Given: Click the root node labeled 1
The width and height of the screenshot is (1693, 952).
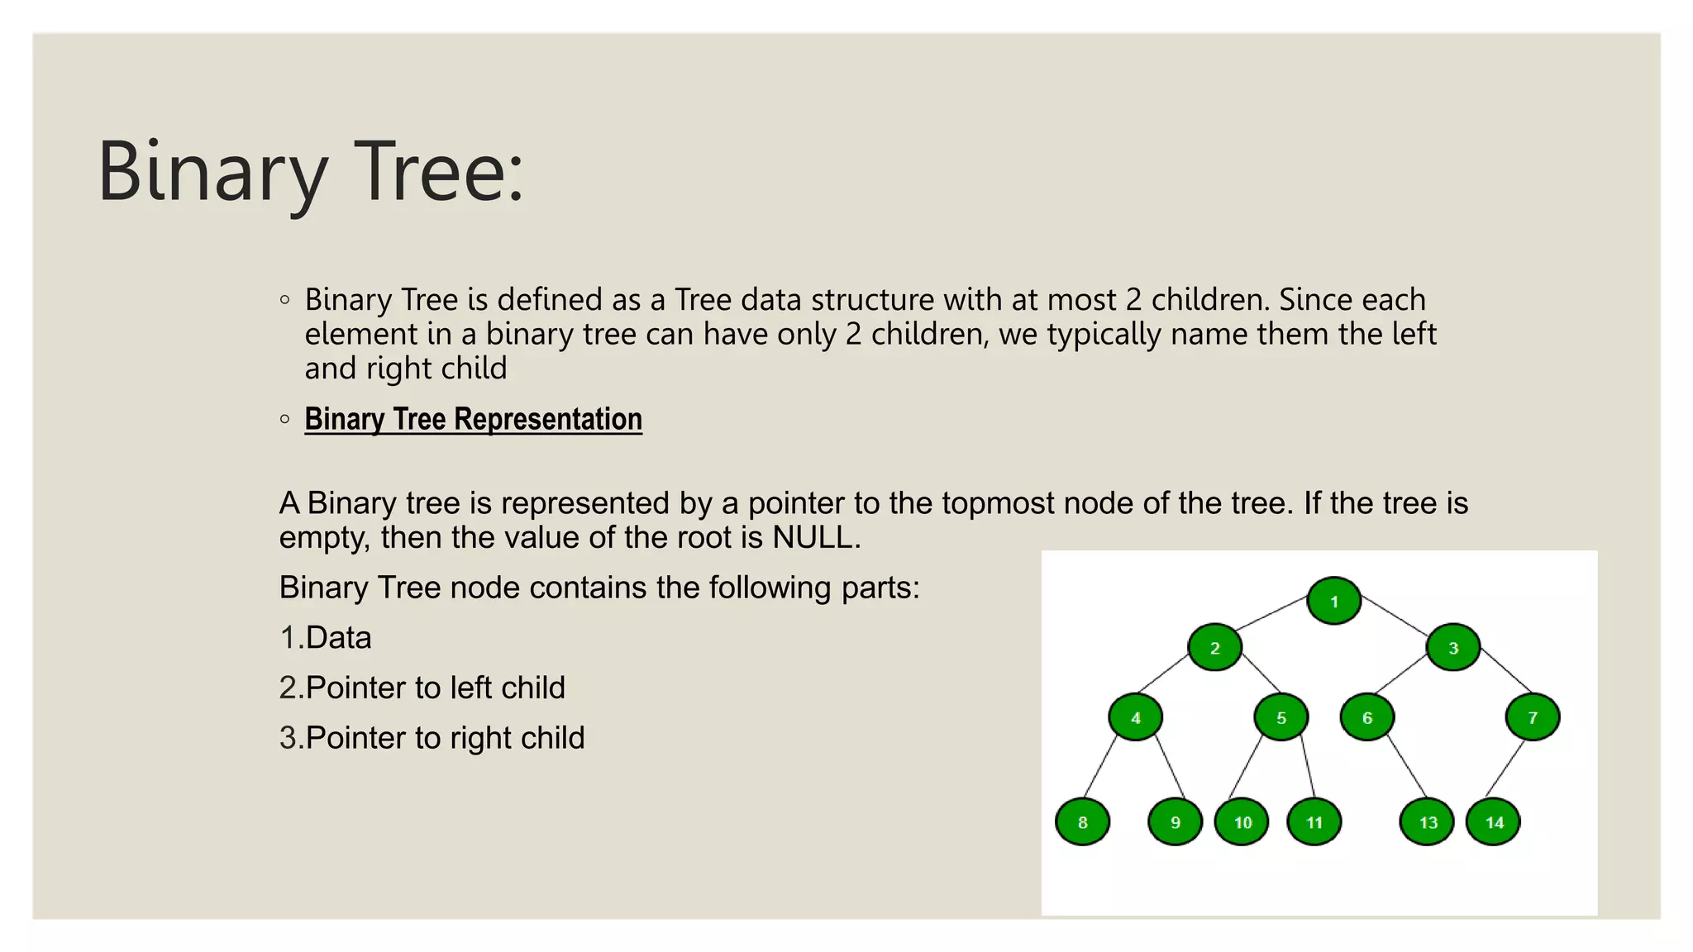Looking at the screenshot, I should [1333, 601].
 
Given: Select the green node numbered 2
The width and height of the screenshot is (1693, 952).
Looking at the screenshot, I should [1214, 647].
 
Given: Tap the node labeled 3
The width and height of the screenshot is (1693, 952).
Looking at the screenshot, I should [1452, 647].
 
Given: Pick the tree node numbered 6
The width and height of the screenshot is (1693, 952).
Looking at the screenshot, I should [1366, 717].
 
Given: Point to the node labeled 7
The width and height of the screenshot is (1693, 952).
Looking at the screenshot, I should [1532, 717].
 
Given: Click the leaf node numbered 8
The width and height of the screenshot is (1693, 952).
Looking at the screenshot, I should [1082, 822].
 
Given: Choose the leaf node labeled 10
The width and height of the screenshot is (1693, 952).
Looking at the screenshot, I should [1242, 822].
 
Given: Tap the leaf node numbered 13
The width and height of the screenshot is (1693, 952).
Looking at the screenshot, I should [1427, 822].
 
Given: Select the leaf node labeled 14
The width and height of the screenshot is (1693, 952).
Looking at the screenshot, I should [1493, 822].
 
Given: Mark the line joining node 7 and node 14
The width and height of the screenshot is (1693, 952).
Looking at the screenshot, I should [1505, 769].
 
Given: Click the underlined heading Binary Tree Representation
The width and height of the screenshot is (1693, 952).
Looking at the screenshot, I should [473, 419].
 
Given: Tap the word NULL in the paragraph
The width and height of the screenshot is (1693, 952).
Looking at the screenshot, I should [813, 538].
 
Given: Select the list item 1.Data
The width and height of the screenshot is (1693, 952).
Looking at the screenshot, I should [326, 638].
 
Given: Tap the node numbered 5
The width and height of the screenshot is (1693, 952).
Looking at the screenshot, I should [1280, 717].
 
